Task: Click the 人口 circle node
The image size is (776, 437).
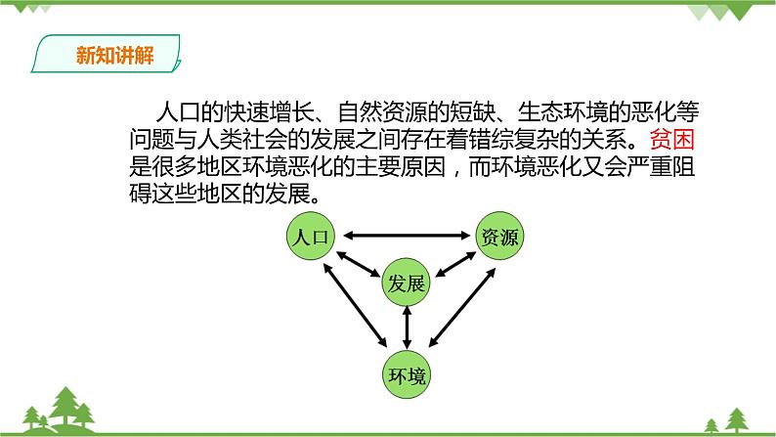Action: [x=311, y=237]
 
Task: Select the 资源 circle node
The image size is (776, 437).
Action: [x=499, y=237]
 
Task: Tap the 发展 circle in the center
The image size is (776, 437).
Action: [x=407, y=284]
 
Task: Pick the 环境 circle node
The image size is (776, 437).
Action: [x=406, y=374]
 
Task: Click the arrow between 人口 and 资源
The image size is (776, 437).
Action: [x=405, y=235]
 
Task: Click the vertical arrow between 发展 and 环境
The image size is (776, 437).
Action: [x=407, y=328]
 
